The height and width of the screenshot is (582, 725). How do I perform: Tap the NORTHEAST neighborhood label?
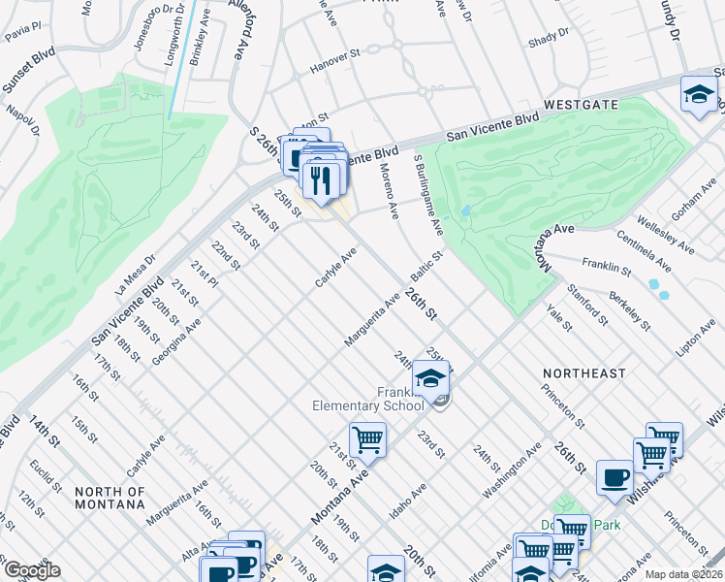[583, 373]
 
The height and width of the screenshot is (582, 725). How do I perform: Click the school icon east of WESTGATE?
[699, 95]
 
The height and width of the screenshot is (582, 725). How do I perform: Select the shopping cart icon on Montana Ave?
[368, 440]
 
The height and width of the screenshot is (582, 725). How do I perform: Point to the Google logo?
[31, 570]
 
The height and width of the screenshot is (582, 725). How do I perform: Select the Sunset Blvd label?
[28, 69]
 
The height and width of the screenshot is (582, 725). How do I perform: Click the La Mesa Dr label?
[134, 277]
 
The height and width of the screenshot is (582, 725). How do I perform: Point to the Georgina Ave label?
[175, 342]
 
